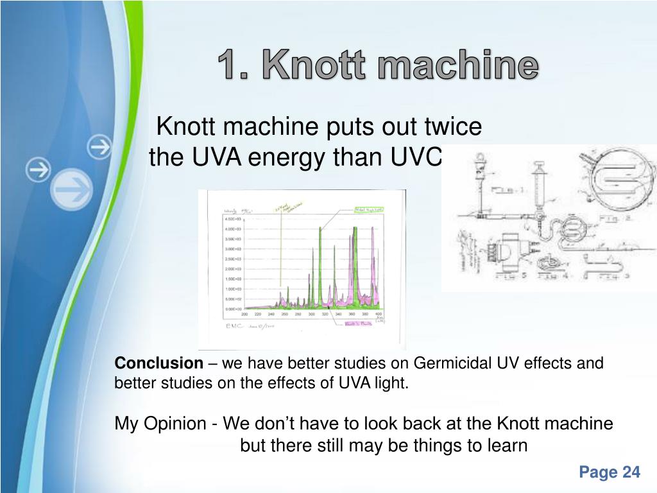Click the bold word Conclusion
click(x=158, y=363)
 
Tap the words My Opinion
click(x=161, y=424)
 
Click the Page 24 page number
click(x=609, y=472)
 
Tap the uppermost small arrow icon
click(x=99, y=147)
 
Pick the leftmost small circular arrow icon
click(x=38, y=170)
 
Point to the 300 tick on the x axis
click(x=311, y=315)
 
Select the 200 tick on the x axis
click(x=244, y=315)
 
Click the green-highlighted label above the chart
click(x=369, y=210)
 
